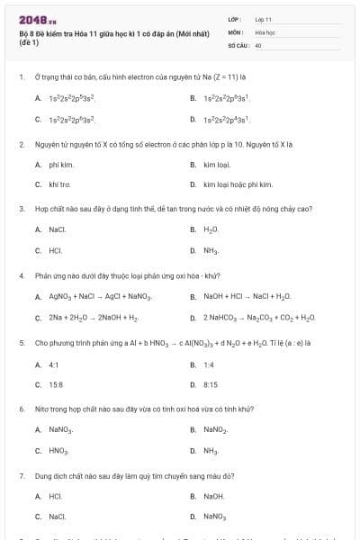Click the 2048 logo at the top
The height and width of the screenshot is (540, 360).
32,19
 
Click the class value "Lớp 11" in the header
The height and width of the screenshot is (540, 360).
264,19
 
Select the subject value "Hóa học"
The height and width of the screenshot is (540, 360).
265,31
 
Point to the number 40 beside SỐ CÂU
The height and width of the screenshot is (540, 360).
258,44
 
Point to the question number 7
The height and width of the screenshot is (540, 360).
21,474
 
